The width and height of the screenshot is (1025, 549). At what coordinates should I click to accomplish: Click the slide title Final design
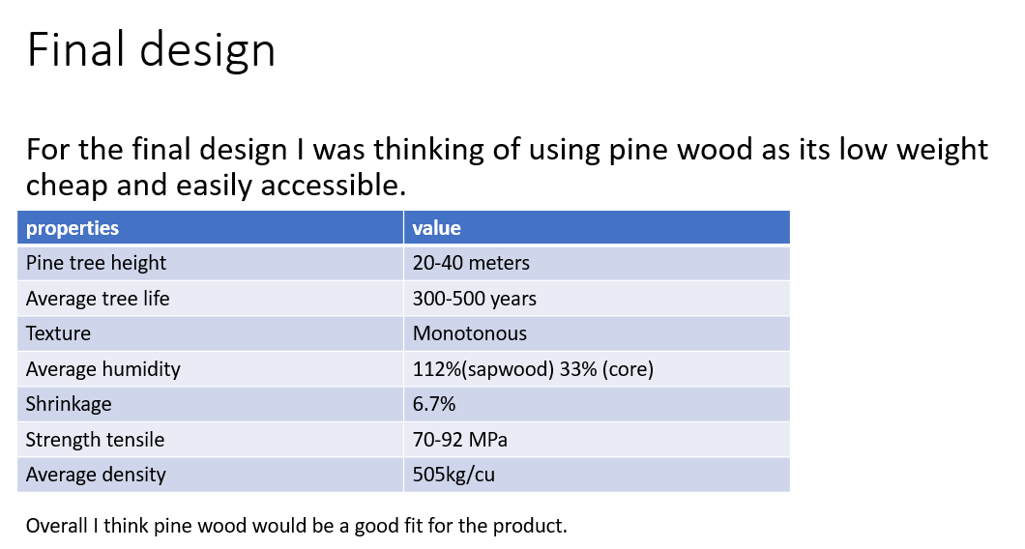point(151,50)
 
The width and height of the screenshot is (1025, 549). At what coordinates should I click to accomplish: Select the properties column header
point(73,228)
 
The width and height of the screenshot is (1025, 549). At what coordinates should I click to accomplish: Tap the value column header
point(437,228)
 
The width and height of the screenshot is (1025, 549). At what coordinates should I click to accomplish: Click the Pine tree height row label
point(96,263)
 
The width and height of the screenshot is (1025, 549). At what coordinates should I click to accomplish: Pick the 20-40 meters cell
point(471,263)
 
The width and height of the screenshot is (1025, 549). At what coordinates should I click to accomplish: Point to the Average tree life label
point(98,299)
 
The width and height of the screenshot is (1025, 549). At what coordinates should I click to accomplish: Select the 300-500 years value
point(475,299)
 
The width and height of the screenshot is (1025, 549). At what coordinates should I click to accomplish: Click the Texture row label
point(58,333)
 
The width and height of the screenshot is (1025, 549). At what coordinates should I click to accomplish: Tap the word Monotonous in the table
point(469,333)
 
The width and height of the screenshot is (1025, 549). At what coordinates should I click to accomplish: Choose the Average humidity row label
point(103,369)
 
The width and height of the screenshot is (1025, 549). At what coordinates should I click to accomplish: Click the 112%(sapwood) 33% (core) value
point(533,369)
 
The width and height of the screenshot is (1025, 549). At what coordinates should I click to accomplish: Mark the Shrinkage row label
point(69,404)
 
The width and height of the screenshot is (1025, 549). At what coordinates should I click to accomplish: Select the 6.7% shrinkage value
point(434,404)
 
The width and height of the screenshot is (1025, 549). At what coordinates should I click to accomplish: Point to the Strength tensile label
point(95,440)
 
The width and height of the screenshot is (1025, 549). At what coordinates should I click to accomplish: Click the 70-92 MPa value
point(459,440)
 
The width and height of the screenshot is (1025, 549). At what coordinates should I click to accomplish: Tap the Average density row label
point(96,475)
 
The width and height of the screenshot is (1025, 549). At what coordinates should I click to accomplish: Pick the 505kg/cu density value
point(454,475)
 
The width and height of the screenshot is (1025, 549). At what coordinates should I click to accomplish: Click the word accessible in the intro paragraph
point(334,186)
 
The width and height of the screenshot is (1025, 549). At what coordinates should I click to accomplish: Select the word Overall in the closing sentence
point(57,526)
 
